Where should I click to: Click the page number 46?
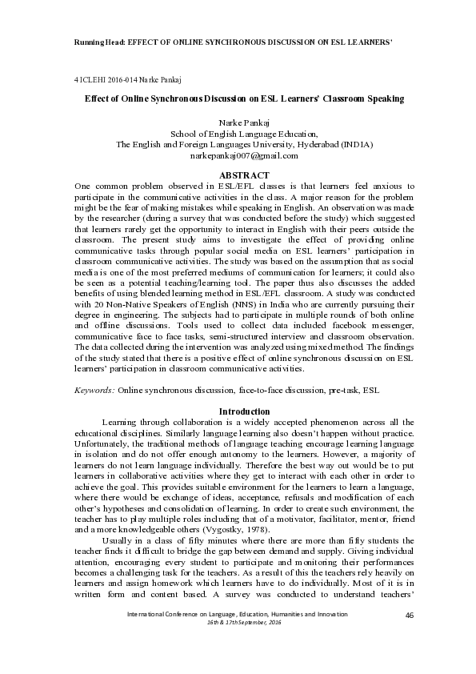(410, 615)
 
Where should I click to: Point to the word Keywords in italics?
(93, 390)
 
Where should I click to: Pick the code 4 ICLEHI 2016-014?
(103, 80)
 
